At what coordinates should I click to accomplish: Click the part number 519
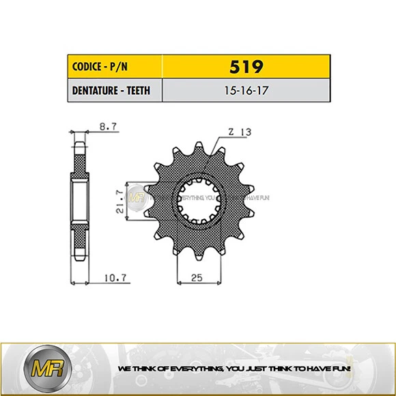pyautogui.click(x=246, y=67)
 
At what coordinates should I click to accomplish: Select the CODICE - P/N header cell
pyautogui.click(x=114, y=67)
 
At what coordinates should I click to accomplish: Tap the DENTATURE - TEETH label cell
pyautogui.click(x=114, y=90)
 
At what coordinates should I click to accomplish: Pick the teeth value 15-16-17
pyautogui.click(x=246, y=90)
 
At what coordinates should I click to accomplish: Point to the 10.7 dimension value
pyautogui.click(x=113, y=277)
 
